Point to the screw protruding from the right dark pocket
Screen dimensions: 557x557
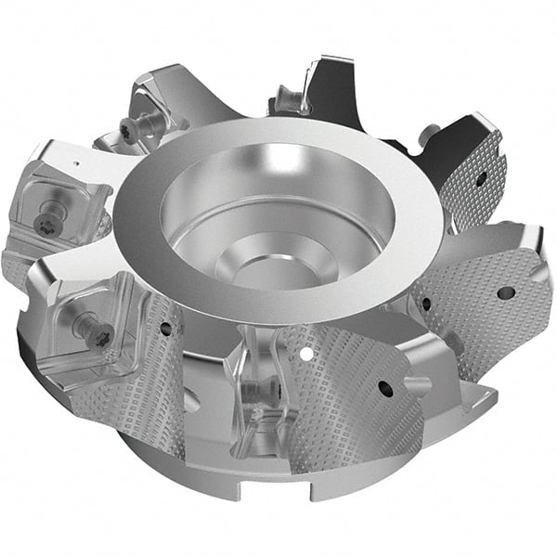[x=429, y=135]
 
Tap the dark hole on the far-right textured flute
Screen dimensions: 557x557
[x=506, y=292]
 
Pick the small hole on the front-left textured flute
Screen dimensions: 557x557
[x=165, y=328]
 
